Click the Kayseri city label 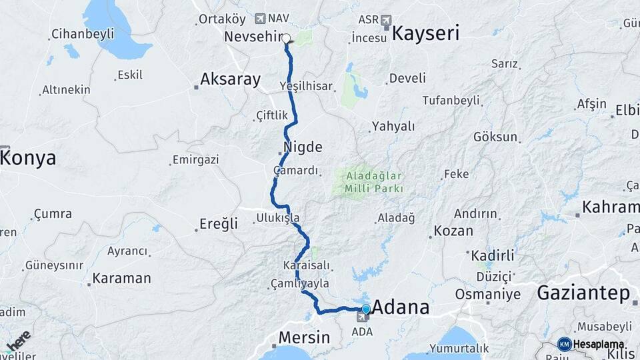point(425,33)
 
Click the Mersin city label point(303,337)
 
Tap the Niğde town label point(303,147)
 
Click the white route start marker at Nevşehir point(287,39)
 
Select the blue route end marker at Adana point(365,309)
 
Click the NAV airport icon point(260,18)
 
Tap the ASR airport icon point(387,21)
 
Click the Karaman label point(121,278)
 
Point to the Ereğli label point(219,224)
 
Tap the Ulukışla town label point(278,217)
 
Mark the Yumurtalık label point(459,348)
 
